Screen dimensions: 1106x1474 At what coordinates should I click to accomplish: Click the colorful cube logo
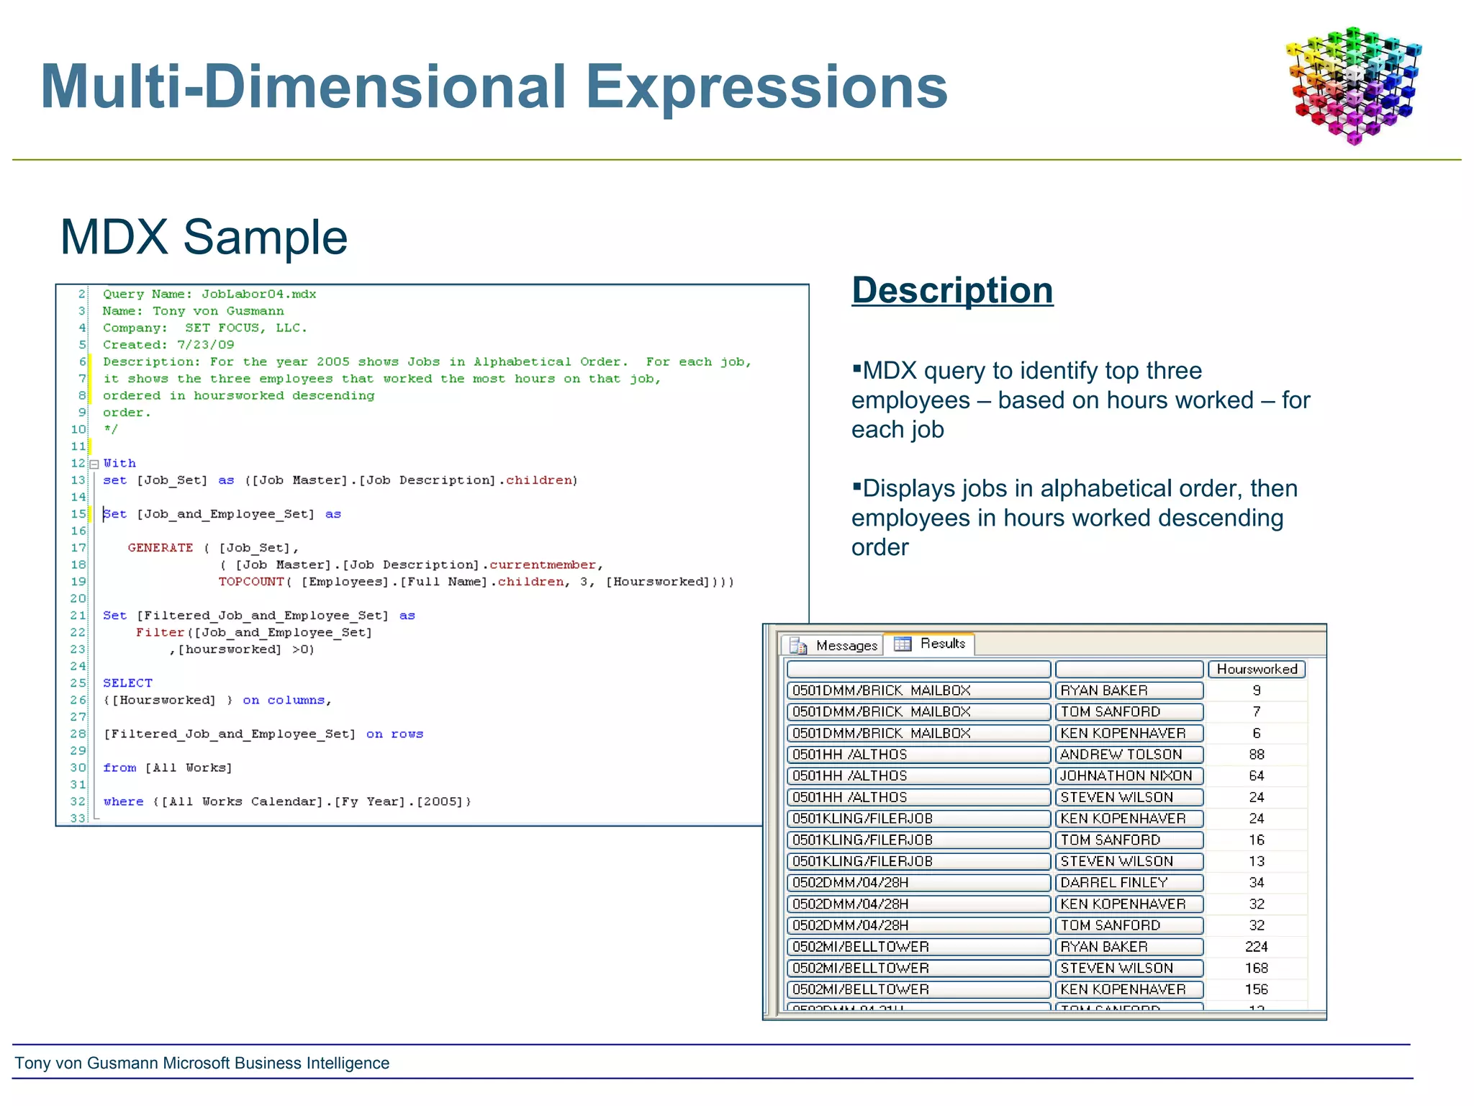(1353, 85)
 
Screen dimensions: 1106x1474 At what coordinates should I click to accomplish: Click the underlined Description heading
(951, 291)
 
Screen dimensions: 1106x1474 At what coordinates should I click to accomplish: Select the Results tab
(933, 644)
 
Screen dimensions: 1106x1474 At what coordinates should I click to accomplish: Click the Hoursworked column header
(1256, 669)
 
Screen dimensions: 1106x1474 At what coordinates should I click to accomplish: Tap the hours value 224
(1256, 947)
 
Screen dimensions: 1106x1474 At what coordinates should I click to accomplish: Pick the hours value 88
(1256, 755)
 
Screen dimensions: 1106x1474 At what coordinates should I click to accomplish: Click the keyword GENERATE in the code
(160, 548)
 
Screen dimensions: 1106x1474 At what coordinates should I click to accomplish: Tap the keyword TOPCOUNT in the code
(251, 582)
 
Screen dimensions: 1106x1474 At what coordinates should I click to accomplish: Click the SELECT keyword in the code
(127, 683)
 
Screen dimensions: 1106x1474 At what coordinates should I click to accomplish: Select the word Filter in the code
(160, 632)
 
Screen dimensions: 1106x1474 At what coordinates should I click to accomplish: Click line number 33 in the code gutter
(78, 818)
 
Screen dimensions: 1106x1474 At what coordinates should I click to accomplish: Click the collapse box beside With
(94, 464)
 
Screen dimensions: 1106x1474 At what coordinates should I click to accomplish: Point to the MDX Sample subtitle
(204, 238)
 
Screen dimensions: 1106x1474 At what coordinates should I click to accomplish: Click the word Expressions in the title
(766, 87)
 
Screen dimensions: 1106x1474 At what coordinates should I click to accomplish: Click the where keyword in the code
(123, 801)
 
